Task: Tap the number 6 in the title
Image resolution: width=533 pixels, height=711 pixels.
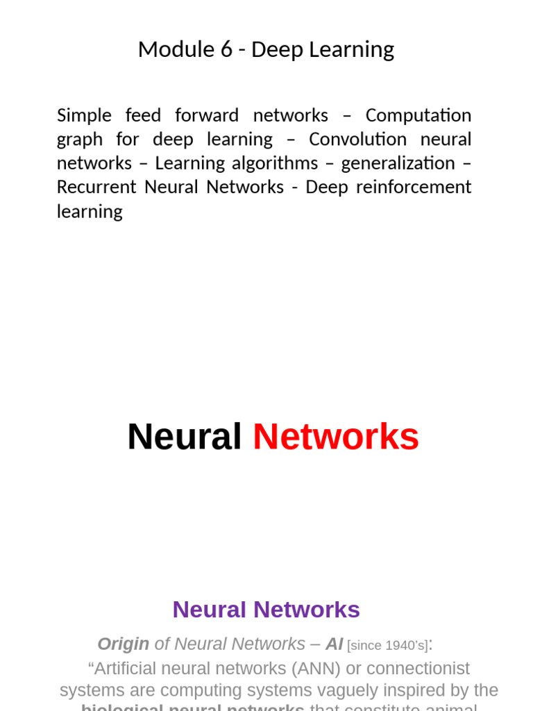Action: (x=227, y=49)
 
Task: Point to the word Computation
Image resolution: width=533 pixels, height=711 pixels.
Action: (x=418, y=115)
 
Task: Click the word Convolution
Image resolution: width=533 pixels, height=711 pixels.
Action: (x=357, y=140)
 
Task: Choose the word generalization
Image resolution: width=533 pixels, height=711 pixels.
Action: (x=398, y=164)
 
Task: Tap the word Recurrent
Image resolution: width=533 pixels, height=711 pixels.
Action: (x=96, y=187)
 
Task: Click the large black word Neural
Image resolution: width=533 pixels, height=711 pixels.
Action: (x=184, y=437)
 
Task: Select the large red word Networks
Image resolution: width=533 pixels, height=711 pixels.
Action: (x=336, y=437)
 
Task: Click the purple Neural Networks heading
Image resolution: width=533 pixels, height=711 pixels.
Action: (x=266, y=610)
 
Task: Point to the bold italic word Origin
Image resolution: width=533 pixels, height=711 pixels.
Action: (x=124, y=644)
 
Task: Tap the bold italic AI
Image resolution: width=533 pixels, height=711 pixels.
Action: (x=335, y=644)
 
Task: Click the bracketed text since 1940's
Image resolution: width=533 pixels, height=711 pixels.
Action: (x=387, y=645)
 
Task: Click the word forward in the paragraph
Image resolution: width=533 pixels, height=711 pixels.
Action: (x=207, y=115)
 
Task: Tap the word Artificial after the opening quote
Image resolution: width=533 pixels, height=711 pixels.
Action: (x=129, y=668)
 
